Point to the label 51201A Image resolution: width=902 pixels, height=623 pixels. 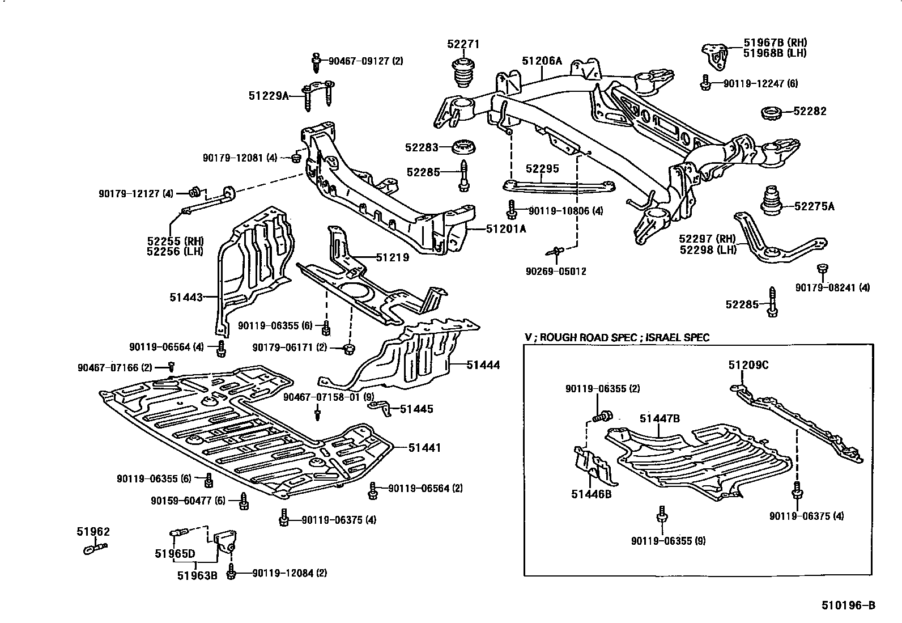[506, 229]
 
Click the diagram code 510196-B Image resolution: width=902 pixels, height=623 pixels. [848, 605]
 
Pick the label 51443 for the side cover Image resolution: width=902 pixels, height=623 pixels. [186, 296]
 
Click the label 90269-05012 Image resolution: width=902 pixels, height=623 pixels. [556, 272]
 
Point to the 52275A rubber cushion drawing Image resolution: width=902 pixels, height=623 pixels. [771, 201]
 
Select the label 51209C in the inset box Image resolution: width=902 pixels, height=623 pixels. [748, 366]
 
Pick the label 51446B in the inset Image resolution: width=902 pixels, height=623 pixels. [591, 494]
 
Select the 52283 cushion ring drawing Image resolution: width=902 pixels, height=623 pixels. [465, 147]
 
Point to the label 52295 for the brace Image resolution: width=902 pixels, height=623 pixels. [542, 169]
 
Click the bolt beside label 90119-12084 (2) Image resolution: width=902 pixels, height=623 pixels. [231, 573]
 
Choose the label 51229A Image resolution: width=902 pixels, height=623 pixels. [268, 96]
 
